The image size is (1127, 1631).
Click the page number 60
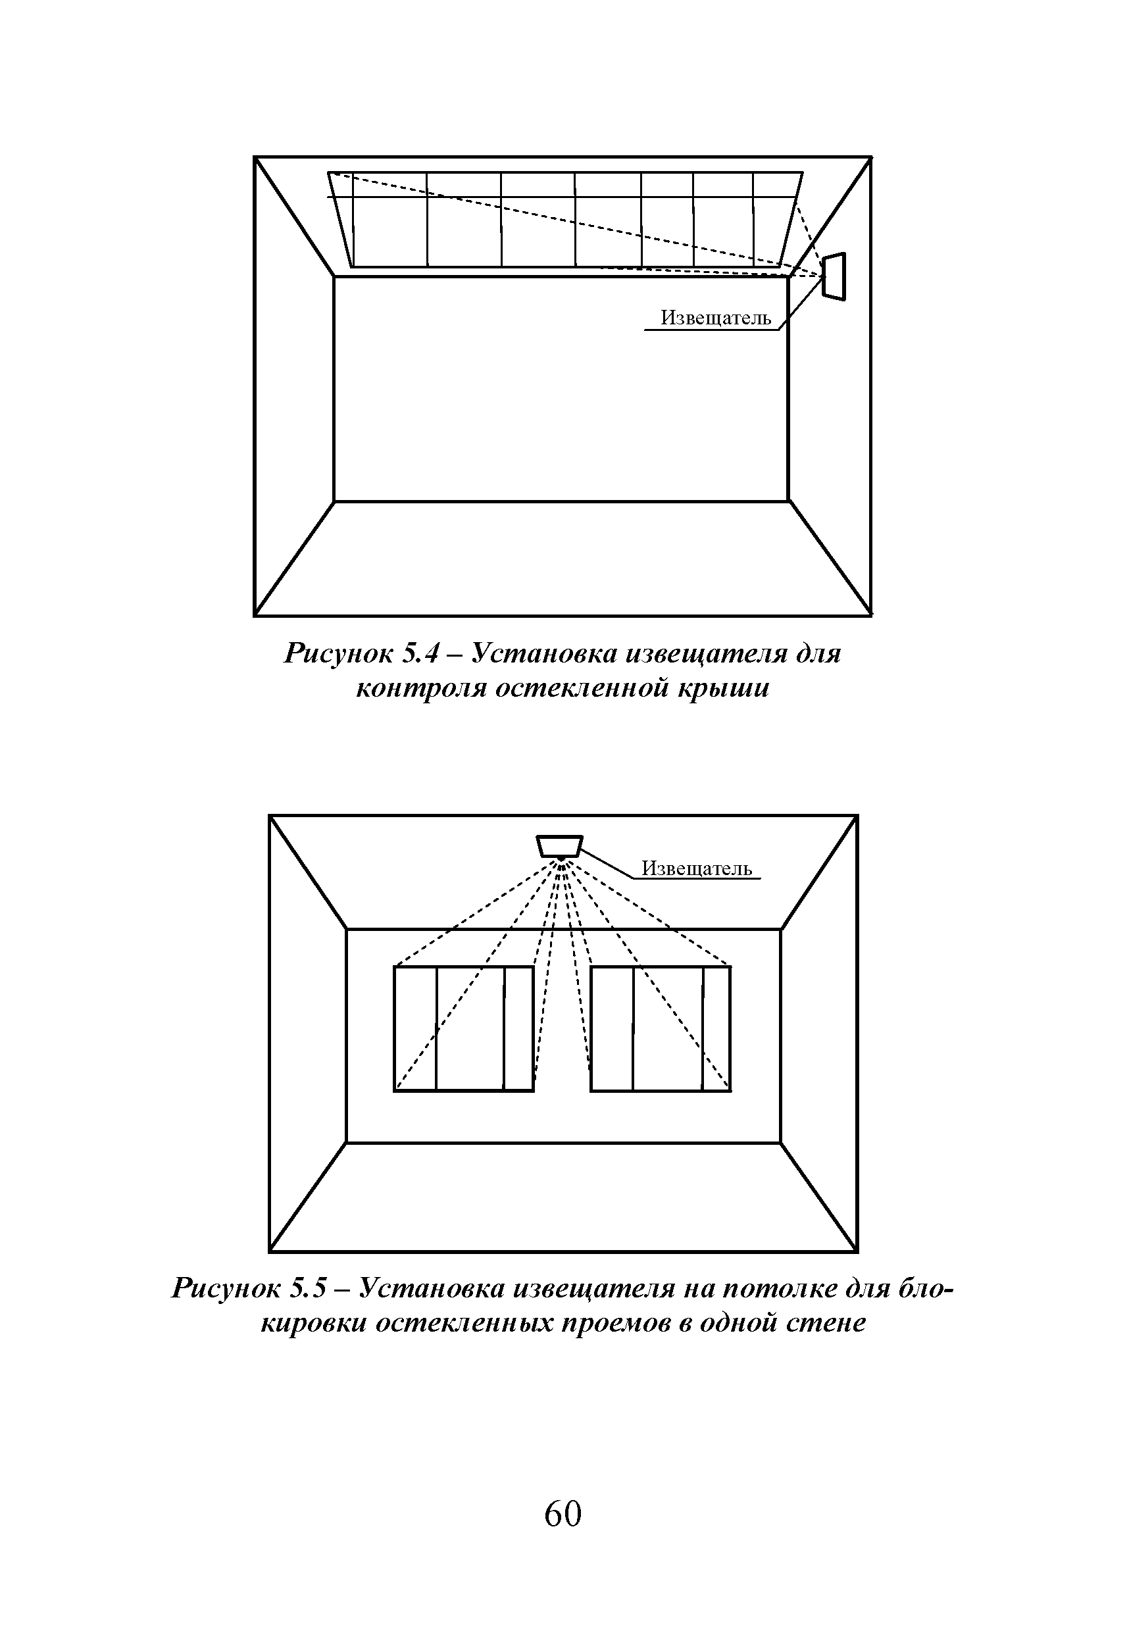[563, 1515]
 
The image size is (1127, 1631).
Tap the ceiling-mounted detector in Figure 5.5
[559, 846]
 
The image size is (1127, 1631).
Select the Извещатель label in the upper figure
[715, 318]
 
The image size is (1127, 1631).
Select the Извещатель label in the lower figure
[696, 868]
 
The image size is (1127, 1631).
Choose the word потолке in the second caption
[782, 1289]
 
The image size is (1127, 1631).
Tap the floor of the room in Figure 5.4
[563, 558]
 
